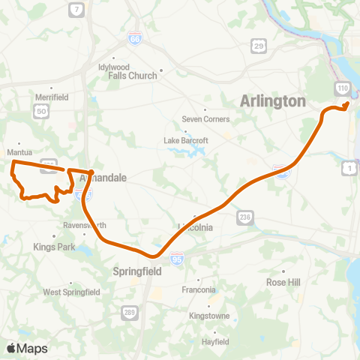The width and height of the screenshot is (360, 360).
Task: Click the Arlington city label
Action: [274, 101]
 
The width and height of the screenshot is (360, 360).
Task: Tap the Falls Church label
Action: [133, 76]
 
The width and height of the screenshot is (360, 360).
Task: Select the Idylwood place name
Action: [114, 66]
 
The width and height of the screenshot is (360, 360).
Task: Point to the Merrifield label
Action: [52, 97]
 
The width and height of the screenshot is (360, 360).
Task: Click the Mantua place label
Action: [19, 150]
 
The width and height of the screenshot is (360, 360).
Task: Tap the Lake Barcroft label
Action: [186, 140]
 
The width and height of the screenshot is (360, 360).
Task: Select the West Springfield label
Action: [71, 292]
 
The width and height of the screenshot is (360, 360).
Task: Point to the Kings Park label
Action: [51, 246]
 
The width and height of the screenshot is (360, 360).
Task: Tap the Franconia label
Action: [199, 289]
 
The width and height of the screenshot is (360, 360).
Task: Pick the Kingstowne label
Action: [208, 316]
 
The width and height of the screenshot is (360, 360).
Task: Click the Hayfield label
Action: [214, 341]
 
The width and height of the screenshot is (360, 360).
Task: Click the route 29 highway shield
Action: [259, 46]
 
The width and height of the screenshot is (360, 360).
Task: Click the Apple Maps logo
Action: [27, 348]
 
